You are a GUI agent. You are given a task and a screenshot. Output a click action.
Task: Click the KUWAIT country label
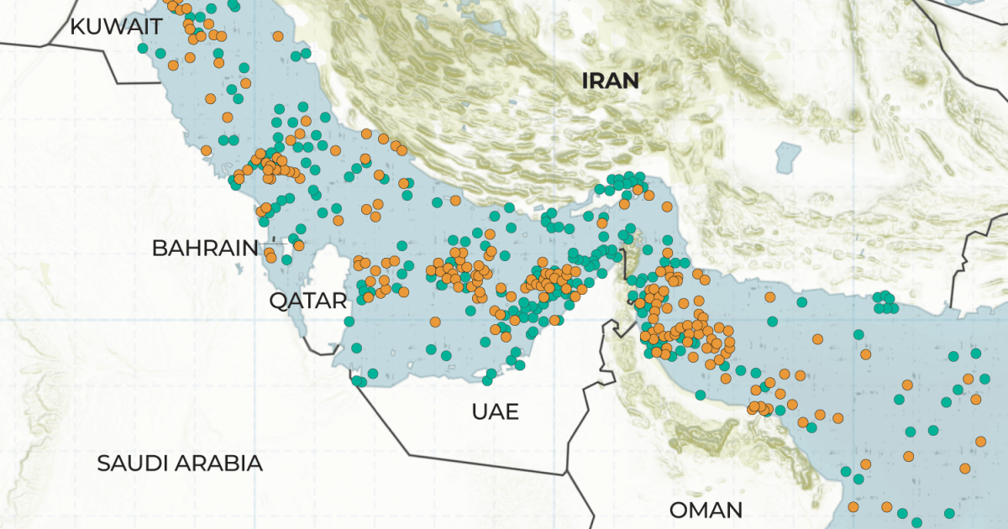(115, 26)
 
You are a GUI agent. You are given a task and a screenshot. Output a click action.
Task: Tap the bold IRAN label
(612, 81)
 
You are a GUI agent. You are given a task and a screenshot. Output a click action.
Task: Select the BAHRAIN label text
(205, 248)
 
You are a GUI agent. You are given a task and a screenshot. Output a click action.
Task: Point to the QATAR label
(307, 301)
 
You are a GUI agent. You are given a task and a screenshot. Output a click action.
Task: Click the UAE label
(495, 411)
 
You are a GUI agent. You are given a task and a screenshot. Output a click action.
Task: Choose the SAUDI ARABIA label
(180, 463)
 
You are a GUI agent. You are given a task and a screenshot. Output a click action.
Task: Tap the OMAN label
(706, 510)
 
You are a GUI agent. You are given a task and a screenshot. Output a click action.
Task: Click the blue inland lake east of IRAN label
(789, 155)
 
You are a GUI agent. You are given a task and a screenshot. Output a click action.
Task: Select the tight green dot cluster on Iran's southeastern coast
(883, 302)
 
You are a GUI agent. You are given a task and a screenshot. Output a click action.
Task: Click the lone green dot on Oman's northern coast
(700, 395)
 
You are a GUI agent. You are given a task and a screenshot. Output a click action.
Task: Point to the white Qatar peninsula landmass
(329, 302)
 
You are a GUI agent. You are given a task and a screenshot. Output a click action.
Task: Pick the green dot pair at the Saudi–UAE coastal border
(359, 381)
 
